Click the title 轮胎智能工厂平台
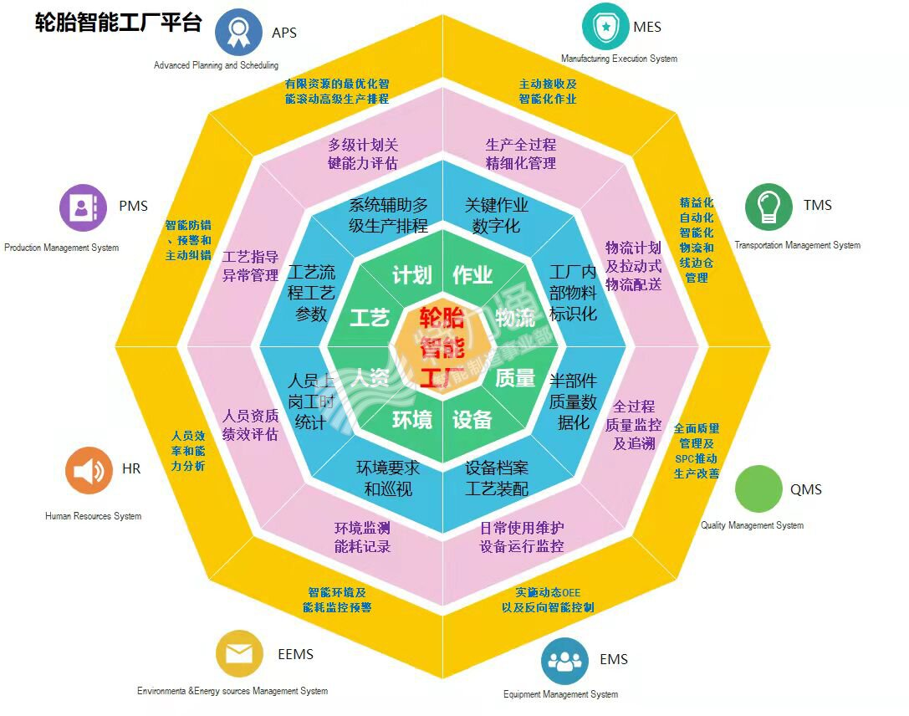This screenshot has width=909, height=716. click(118, 22)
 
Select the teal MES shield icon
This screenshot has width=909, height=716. click(605, 27)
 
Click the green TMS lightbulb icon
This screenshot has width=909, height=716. click(769, 206)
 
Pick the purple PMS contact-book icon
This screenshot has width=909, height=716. click(83, 207)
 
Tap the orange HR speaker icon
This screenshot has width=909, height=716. click(89, 470)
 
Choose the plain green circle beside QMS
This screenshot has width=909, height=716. click(758, 489)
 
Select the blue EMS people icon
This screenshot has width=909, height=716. click(564, 661)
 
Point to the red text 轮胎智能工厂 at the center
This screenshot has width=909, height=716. click(442, 347)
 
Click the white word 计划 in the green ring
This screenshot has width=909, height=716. click(411, 275)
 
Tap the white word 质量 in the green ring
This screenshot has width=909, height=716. click(515, 378)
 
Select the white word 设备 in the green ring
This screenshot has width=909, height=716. click(472, 419)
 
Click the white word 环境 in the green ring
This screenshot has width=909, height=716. click(412, 419)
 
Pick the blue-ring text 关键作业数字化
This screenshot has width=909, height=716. click(497, 215)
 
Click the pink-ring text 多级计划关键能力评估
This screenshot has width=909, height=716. click(363, 154)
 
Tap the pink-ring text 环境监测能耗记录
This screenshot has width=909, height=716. click(362, 537)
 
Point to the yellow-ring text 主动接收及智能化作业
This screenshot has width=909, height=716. click(548, 91)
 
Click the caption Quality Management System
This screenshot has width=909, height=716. click(752, 525)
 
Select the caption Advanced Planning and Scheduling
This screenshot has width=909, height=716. click(216, 65)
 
